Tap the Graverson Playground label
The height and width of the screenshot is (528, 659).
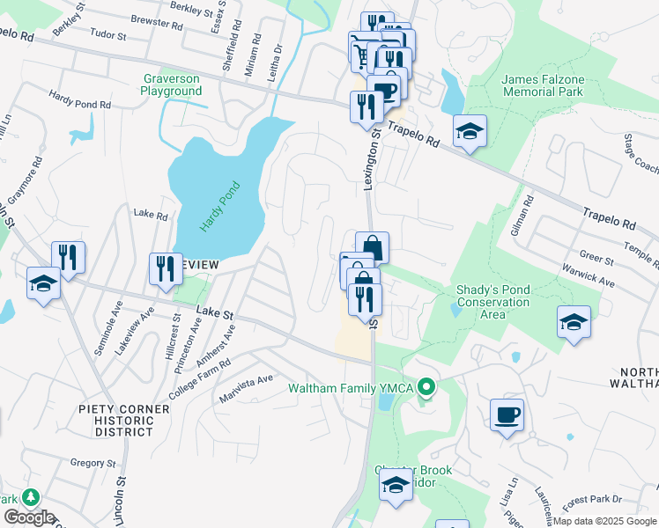pos(172,84)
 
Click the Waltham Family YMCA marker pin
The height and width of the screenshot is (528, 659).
pos(426,386)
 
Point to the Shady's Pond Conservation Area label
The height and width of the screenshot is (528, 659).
pos(492,302)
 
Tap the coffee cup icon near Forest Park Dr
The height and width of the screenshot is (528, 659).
pos(507,414)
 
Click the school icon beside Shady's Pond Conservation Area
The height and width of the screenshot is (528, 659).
pos(574,321)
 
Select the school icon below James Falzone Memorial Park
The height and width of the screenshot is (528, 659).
pos(470,132)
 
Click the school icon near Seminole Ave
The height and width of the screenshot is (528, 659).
pos(41,283)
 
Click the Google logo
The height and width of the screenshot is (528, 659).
pos(29,517)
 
